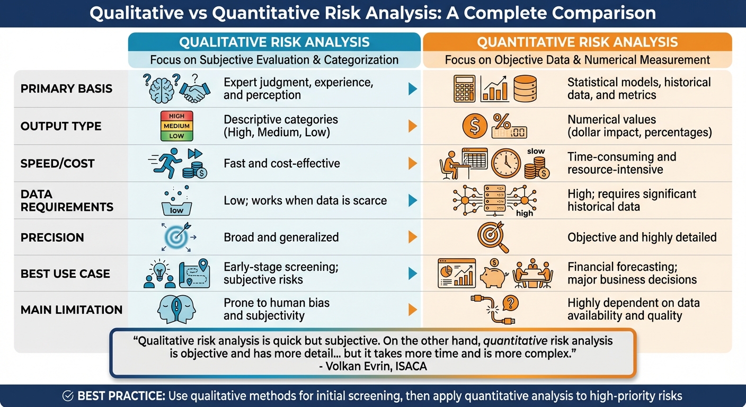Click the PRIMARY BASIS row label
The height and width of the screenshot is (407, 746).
point(66,89)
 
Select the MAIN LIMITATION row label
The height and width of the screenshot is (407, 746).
point(72,309)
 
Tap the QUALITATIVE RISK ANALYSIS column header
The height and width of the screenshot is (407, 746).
point(274,42)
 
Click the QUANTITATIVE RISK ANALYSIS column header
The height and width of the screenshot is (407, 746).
point(577,42)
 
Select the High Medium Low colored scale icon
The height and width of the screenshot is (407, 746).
point(176,126)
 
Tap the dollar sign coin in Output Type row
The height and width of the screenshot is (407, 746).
point(474,126)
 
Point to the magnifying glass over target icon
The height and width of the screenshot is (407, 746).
point(493,237)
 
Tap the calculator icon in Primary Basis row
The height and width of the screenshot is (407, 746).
point(464,89)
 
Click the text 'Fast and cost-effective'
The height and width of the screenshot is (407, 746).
point(281,163)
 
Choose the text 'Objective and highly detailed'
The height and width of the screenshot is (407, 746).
point(642,237)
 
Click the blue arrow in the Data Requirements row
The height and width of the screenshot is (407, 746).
point(413,200)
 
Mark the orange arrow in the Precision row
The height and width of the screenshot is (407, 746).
point(413,237)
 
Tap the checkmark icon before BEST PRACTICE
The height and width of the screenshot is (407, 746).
point(68,396)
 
